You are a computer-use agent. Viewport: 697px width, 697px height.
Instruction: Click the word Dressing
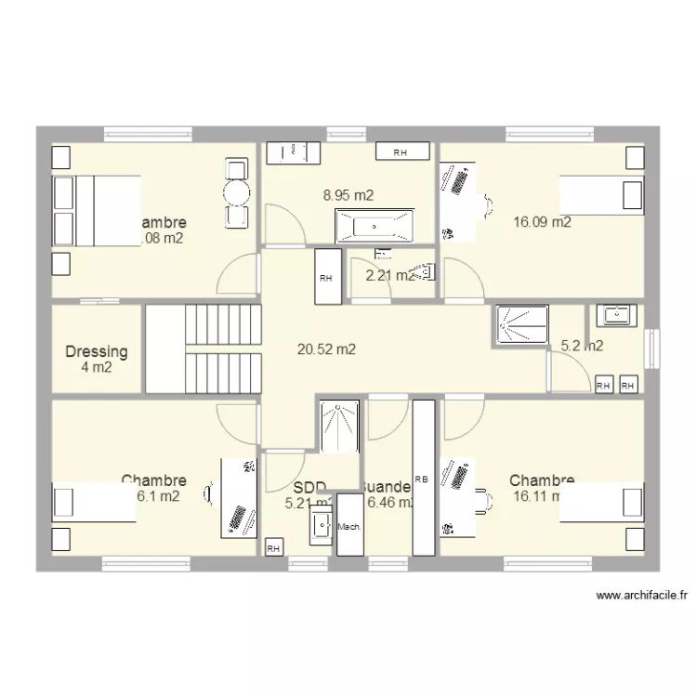point(97,352)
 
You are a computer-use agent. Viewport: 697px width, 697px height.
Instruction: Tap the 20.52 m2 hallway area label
point(326,349)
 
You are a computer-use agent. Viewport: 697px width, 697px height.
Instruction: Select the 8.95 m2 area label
point(348,195)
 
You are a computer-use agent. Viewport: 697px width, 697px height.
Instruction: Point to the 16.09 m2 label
point(542,222)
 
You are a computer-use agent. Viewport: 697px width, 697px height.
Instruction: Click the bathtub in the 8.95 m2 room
point(374,224)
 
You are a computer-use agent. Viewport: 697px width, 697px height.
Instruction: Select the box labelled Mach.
point(350,526)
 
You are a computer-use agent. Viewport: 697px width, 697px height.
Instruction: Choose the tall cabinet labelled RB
point(424,478)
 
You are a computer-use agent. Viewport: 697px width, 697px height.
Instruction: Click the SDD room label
point(309,488)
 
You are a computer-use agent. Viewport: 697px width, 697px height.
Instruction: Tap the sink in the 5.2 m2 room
point(616,315)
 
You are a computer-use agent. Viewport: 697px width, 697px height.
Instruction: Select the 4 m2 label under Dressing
point(97,368)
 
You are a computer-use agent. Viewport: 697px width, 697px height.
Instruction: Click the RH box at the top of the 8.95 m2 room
point(402,151)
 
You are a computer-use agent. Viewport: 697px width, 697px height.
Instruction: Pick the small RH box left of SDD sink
point(274,548)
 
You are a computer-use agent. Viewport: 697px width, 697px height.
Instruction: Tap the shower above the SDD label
point(339,427)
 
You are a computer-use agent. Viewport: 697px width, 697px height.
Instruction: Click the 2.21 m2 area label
point(388,275)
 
